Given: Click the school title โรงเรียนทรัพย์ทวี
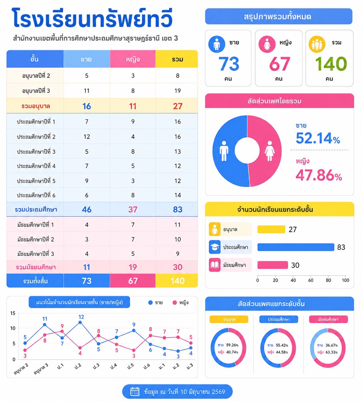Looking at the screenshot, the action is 92,18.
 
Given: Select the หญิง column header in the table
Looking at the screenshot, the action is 133,59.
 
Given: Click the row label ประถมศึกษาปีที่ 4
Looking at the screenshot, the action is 36,166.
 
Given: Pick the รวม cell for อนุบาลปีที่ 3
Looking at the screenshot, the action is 178,91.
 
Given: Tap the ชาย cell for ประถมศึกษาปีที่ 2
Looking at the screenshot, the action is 87,137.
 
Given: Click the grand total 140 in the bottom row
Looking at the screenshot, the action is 178,281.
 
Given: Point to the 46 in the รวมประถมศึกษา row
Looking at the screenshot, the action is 87,209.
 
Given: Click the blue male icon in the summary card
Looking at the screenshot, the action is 217,44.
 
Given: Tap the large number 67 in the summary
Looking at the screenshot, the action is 279,64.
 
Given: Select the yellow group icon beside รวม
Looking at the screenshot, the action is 317,44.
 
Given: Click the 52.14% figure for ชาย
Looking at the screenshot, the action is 318,138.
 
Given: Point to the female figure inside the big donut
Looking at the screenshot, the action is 270,151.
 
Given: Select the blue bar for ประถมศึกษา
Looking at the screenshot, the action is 296,247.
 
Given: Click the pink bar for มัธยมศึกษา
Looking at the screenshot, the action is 273,265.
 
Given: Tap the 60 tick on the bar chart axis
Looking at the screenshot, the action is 311,280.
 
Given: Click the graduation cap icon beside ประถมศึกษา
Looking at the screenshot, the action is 215,247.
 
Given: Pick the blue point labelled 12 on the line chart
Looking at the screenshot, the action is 80,323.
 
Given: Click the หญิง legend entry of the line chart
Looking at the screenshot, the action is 180,303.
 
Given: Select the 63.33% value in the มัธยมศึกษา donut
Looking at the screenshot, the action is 332,352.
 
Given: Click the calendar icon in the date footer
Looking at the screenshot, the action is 135,391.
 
